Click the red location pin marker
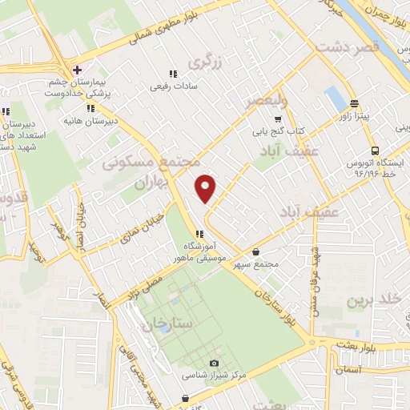pyautogui.click(x=206, y=187)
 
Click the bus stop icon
pyautogui.click(x=374, y=151)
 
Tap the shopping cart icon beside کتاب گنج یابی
pyautogui.click(x=278, y=118)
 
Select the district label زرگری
pyautogui.click(x=203, y=61)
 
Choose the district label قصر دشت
pyautogui.click(x=346, y=48)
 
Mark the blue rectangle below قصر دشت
pyautogui.click(x=333, y=99)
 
